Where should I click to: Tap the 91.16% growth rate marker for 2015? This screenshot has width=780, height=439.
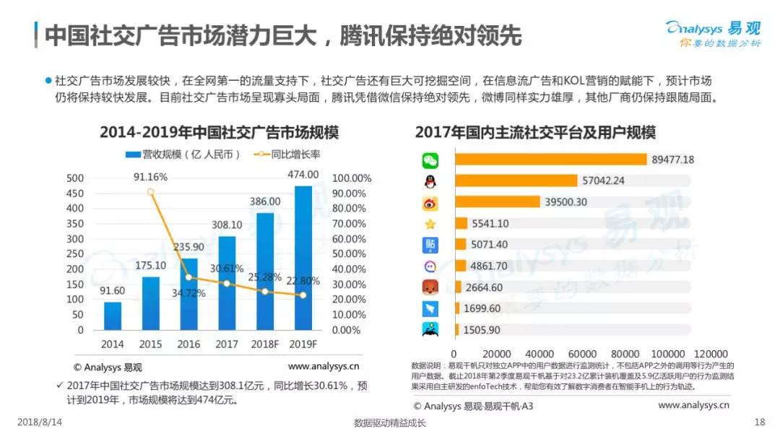coord(150,192)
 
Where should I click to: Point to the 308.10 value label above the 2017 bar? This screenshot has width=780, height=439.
coord(227,225)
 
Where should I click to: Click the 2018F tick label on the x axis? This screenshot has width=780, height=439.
coord(265,344)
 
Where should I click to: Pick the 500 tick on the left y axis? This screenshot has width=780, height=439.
coord(75,178)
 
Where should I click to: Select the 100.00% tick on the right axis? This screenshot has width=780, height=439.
coord(352,178)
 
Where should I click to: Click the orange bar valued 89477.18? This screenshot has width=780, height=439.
coord(550,160)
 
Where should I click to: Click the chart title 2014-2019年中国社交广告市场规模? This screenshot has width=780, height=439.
coord(219,133)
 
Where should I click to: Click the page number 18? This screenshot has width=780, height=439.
coord(759,422)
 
